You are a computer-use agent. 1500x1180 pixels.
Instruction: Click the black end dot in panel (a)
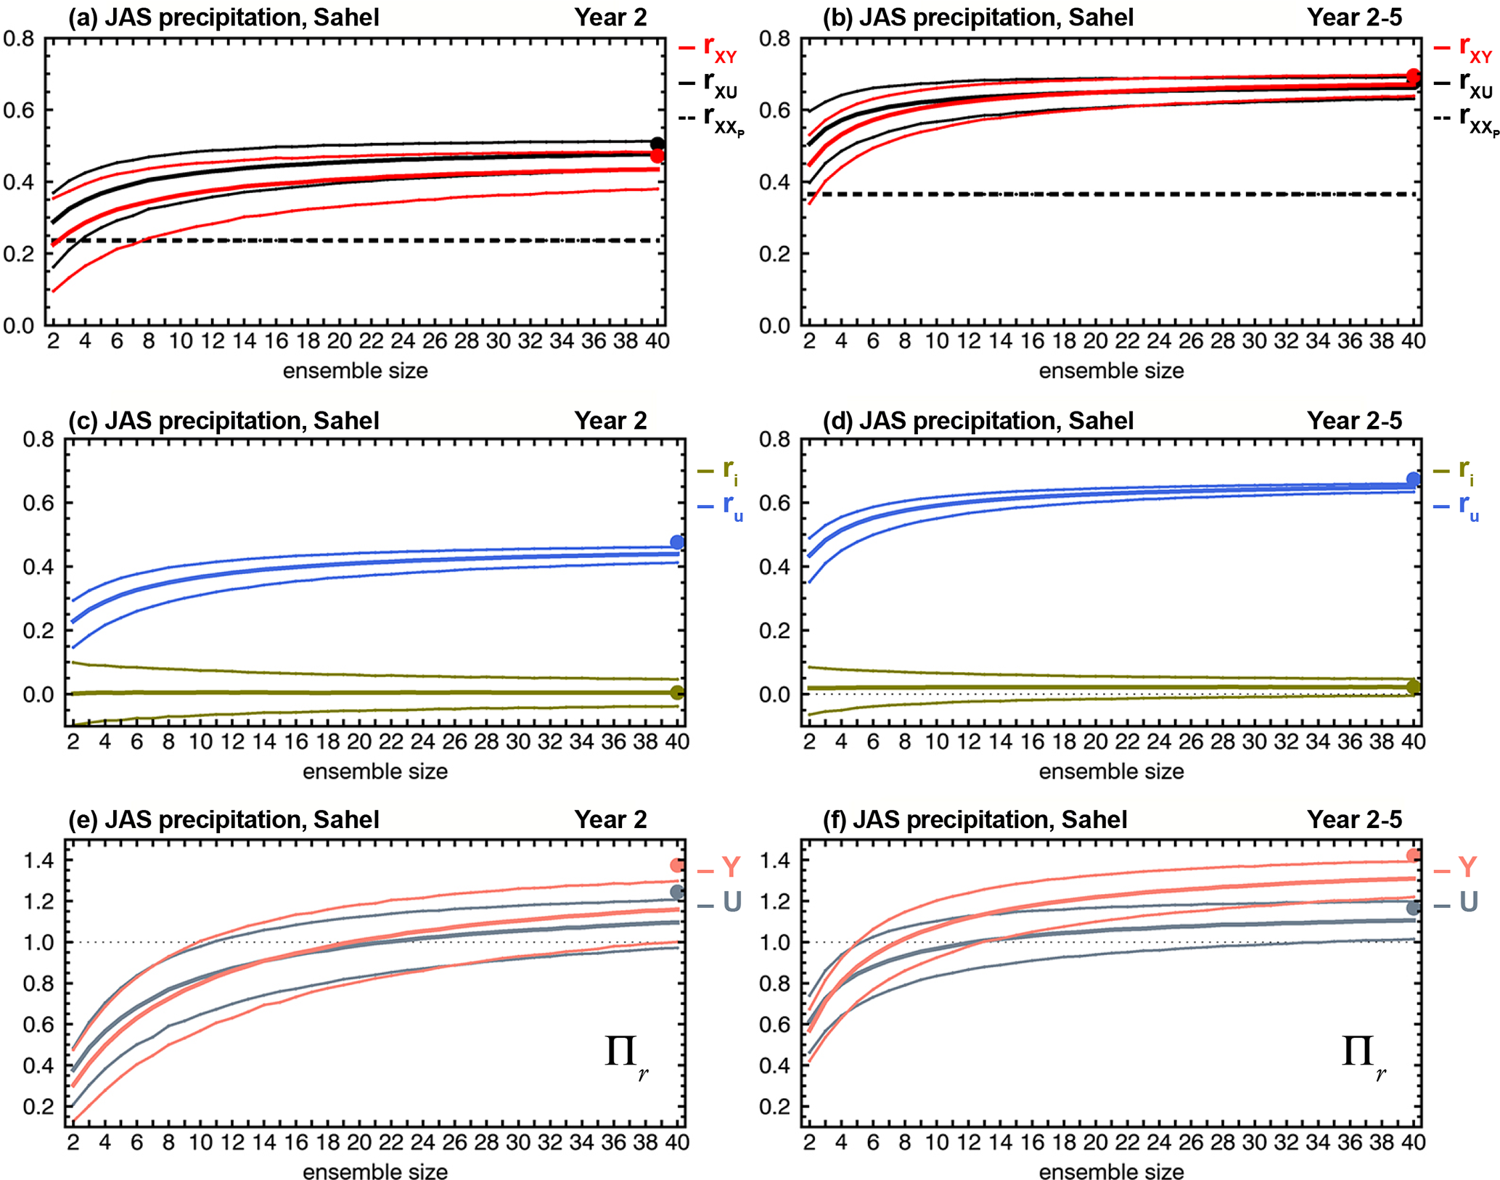[x=657, y=144]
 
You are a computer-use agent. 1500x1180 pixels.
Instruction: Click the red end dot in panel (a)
[x=657, y=156]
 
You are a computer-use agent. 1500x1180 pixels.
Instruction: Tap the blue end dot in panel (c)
[x=677, y=542]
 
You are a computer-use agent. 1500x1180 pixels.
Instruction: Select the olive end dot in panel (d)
[x=1413, y=687]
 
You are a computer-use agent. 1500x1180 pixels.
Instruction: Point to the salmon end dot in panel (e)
[x=677, y=865]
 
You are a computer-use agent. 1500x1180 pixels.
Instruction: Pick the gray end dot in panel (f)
[x=1413, y=908]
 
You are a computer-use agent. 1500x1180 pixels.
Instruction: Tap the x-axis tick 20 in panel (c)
[x=358, y=742]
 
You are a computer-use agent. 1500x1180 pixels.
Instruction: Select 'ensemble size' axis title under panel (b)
[x=1111, y=371]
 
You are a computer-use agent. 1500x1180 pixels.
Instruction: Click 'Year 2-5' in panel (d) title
[x=1354, y=421]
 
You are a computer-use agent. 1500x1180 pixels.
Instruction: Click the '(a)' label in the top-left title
[x=83, y=17]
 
